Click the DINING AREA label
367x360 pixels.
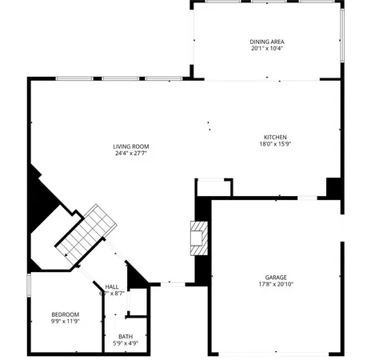266,42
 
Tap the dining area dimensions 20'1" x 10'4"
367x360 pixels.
266,48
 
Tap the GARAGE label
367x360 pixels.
276,277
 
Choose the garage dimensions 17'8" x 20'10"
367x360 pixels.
276,284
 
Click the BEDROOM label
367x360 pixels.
65,314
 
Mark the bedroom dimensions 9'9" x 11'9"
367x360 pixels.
65,322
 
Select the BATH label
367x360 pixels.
126,337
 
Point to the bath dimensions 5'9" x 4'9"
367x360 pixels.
126,344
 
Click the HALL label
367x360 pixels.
112,286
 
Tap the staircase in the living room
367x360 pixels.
83,234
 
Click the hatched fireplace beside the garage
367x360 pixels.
197,238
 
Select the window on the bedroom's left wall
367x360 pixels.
29,286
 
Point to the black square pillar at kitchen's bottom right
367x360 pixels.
334,188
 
